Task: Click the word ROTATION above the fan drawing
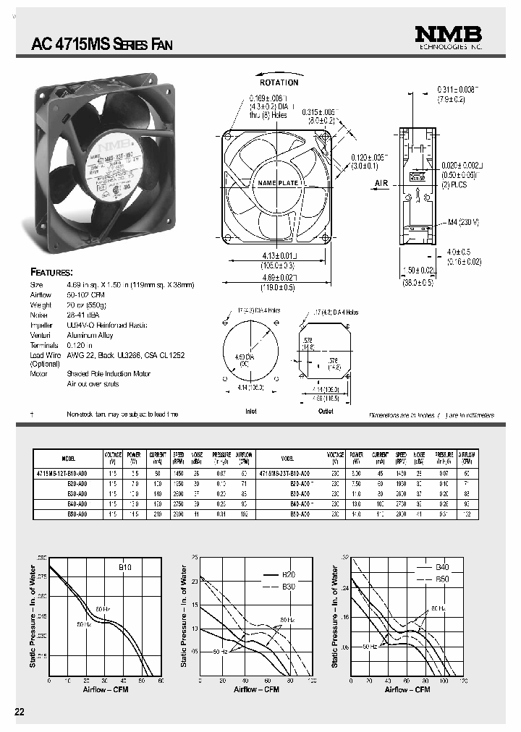(x=279, y=82)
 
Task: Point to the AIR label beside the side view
(x=382, y=184)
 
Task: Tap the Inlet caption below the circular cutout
(x=251, y=411)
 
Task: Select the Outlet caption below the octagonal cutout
(x=326, y=411)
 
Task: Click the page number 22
(x=20, y=712)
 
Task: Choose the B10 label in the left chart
(x=124, y=569)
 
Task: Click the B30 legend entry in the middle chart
(x=289, y=585)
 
